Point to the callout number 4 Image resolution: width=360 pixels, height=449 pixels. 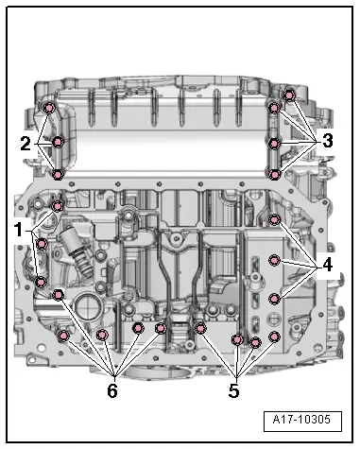(x=326, y=266)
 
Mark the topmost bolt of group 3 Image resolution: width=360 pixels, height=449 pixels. (x=289, y=95)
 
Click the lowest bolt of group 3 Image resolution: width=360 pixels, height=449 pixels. (x=274, y=174)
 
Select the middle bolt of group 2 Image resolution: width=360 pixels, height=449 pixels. (x=58, y=143)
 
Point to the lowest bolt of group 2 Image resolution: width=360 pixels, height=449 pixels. (x=59, y=174)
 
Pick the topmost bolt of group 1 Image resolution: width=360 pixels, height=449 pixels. (x=58, y=206)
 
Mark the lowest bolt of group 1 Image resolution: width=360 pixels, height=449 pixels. (x=42, y=280)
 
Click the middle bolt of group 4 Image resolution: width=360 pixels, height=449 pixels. (x=275, y=260)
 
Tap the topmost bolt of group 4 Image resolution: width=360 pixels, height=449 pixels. (x=275, y=220)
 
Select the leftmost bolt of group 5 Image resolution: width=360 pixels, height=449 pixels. (x=201, y=328)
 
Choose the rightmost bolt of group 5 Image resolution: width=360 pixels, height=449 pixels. (x=275, y=337)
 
